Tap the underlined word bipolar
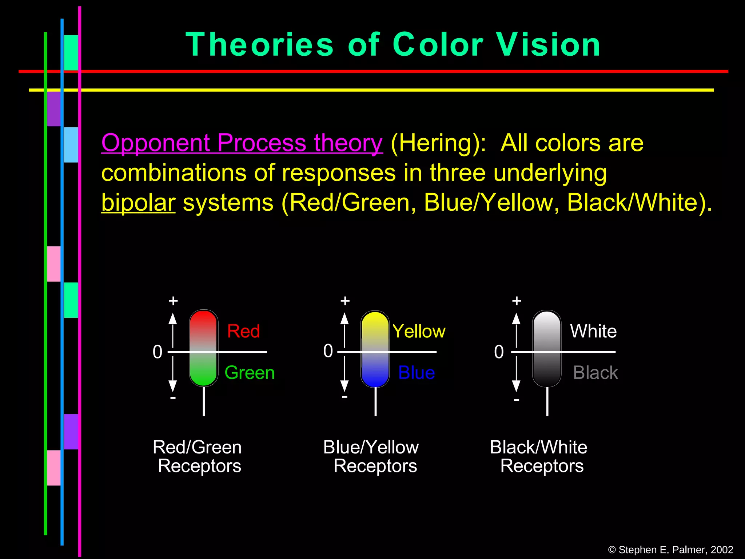[138, 202]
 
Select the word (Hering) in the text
[438, 143]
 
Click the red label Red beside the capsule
[243, 331]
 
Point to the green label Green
[250, 373]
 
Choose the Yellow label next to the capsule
[419, 331]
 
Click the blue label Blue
[417, 373]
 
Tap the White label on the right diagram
[593, 331]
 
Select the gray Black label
[595, 373]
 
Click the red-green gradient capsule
[204, 348]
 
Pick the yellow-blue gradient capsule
[375, 348]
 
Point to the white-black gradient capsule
[547, 348]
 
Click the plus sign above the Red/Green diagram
[173, 301]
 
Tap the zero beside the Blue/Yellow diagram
[328, 351]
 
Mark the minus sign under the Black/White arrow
[516, 400]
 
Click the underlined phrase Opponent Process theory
[242, 143]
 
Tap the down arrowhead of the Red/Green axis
[173, 386]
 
